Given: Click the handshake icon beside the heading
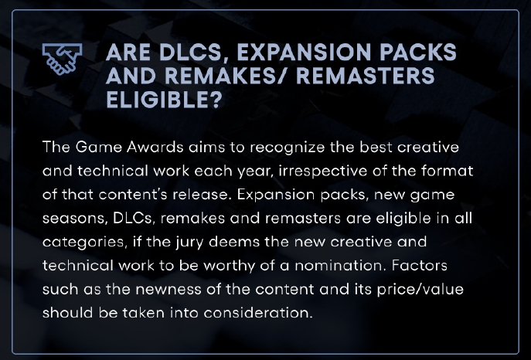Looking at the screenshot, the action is coord(62,59).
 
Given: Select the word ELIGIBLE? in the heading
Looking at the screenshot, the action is coord(164,100).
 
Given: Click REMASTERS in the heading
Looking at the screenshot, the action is coord(365,76).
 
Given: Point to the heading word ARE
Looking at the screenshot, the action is coord(128,52).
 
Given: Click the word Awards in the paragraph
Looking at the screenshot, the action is coord(155,148).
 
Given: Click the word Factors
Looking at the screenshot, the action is coord(420,266).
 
